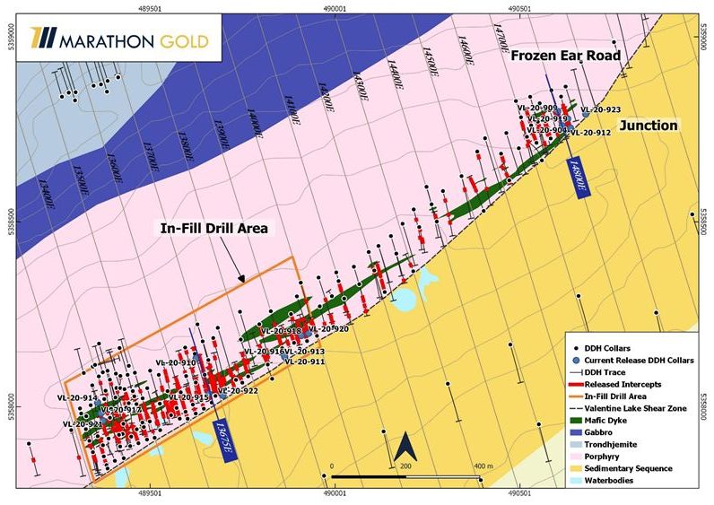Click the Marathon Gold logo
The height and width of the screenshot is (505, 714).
pos(118,40)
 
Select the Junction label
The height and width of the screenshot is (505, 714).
pos(648,126)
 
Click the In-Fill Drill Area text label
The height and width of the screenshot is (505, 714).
pos(214,228)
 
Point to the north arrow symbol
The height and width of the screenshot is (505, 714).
pos(403,446)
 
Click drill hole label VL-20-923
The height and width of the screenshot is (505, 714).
pos(600,110)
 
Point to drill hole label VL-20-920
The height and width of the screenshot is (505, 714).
pos(327,329)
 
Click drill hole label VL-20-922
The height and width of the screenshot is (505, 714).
pos(238,391)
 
